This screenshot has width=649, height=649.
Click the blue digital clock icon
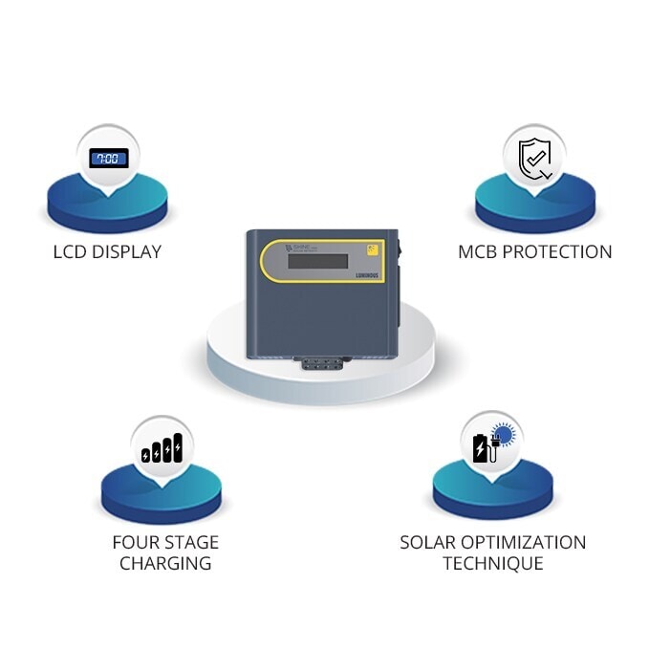[108, 158]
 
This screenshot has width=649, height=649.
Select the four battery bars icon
[162, 449]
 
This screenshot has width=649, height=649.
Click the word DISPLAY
[128, 252]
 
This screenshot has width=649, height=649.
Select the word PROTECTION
[562, 252]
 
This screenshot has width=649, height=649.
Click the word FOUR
[135, 542]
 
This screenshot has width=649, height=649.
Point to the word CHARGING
[165, 563]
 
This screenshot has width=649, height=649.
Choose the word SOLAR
[429, 542]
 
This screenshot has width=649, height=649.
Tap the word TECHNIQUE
[493, 563]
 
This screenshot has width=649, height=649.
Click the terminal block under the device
[322, 363]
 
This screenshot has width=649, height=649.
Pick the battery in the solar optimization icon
[479, 448]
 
